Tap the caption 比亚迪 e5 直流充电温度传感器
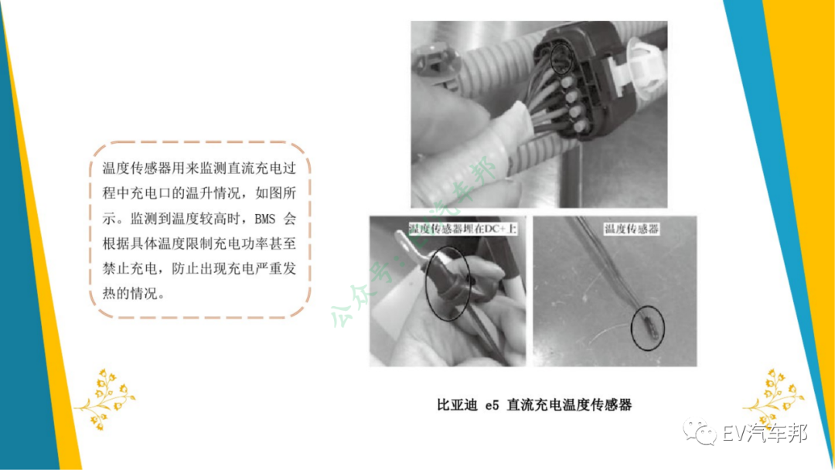tap(534, 405)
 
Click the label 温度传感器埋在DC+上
tap(463, 229)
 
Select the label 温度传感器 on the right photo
tap(632, 229)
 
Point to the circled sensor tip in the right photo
tap(648, 327)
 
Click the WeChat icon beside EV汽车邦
tap(699, 431)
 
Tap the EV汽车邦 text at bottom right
tap(765, 433)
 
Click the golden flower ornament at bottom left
tap(105, 397)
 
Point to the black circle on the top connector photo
tap(561, 58)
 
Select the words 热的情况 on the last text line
tap(129, 294)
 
